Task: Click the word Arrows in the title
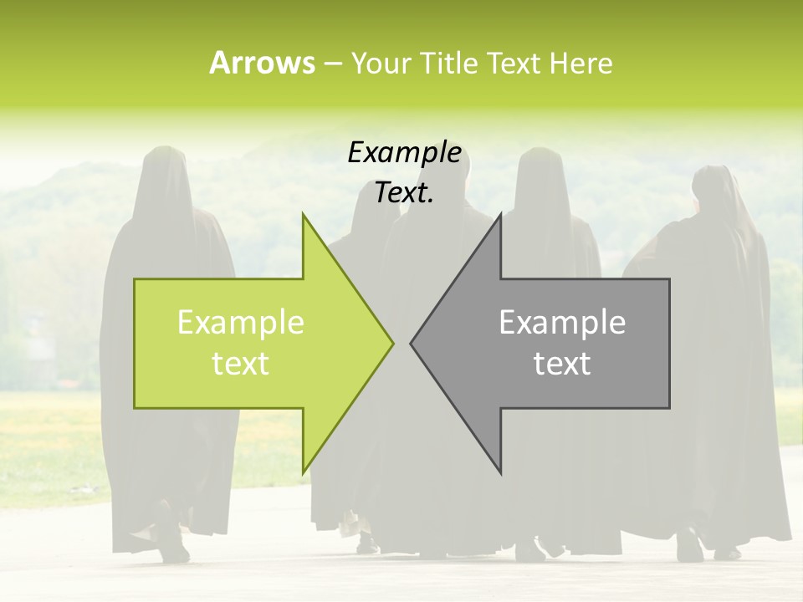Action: [262, 63]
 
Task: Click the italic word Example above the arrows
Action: [404, 153]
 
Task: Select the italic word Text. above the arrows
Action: [404, 193]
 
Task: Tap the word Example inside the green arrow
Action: [240, 323]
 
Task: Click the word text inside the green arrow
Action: [240, 364]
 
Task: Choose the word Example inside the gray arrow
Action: [562, 323]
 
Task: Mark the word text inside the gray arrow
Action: [562, 364]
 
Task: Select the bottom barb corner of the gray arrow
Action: [500, 472]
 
